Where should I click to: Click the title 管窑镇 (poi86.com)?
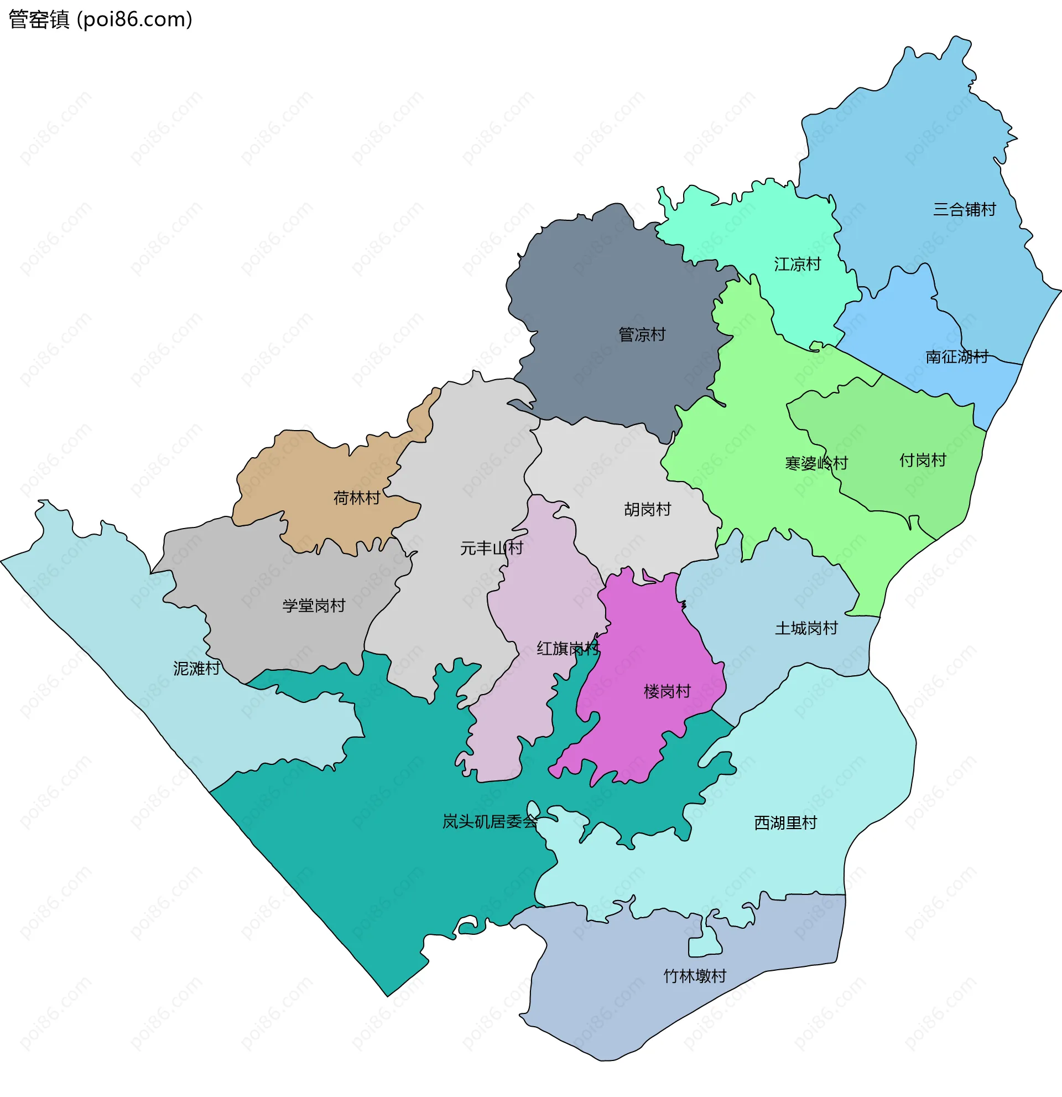[101, 19]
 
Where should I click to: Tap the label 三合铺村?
[964, 209]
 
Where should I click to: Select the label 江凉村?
[797, 264]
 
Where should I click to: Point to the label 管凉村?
[642, 335]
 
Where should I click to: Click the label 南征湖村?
[956, 356]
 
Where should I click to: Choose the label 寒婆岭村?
[816, 463]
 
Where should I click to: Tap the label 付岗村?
[922, 460]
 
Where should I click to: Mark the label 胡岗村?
[647, 509]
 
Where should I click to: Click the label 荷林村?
[356, 498]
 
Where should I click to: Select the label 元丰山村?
[491, 548]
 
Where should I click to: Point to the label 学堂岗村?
[313, 606]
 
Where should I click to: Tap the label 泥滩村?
[196, 668]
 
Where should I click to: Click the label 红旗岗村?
[568, 648]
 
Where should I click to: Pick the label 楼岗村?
[667, 691]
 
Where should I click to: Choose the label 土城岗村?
[806, 628]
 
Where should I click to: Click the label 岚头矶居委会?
[490, 821]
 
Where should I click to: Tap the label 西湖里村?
[785, 822]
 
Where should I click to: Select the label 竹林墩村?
[695, 976]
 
